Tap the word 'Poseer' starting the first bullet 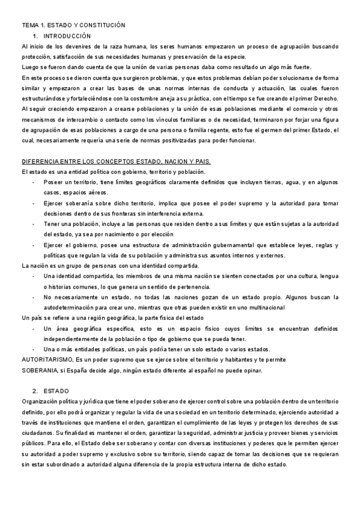(x=54, y=182)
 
